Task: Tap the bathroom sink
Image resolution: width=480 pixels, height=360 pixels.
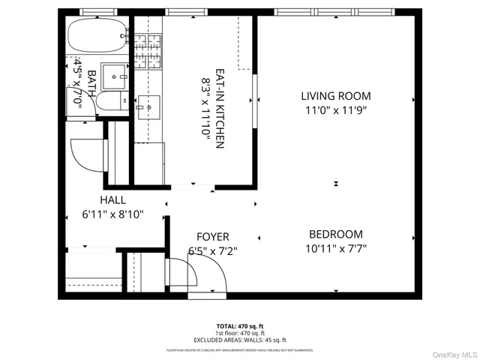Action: point(115,75)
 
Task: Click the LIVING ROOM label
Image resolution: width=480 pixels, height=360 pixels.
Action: point(335,95)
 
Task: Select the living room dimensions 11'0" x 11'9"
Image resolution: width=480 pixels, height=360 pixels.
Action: point(335,109)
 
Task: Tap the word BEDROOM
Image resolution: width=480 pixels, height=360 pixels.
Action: point(334,234)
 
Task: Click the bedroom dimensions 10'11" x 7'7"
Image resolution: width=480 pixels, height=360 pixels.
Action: point(334,248)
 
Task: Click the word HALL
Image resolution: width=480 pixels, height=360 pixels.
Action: point(112,200)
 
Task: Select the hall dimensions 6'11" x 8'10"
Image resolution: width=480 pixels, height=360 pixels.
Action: point(112,214)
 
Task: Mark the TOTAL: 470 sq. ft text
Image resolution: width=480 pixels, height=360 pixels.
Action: point(239,325)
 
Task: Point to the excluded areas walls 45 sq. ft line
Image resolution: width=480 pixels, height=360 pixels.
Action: point(239,339)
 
